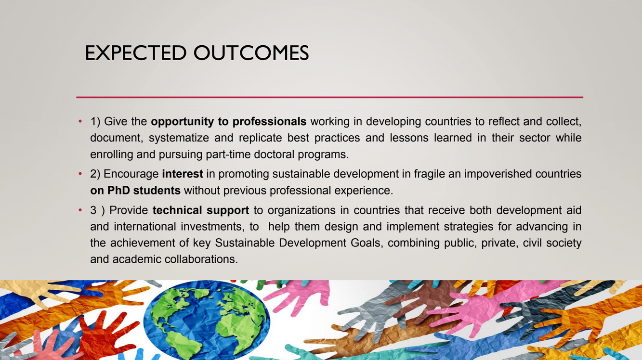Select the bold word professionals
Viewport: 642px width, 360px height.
269,122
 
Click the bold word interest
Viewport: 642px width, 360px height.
183,174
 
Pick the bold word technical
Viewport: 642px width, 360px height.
177,210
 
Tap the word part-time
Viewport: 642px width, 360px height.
228,154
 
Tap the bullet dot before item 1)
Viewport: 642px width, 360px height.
80,121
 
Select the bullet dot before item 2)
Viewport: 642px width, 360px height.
80,174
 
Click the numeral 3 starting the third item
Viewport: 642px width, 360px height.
93,210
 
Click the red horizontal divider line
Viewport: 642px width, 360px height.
329,97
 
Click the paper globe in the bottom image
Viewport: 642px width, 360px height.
206,320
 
